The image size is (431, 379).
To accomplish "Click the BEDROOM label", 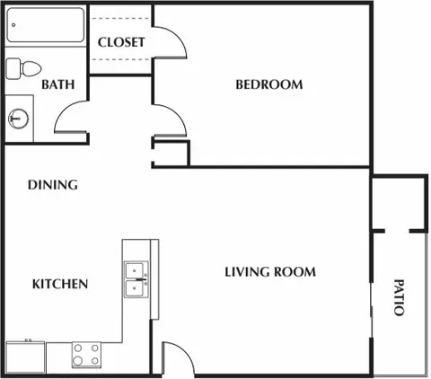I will click(x=268, y=85).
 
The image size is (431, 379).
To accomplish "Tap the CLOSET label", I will click(x=120, y=42).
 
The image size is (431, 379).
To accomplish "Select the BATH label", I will click(x=57, y=85).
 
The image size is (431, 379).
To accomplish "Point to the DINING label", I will click(x=52, y=185).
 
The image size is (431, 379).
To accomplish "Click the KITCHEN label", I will click(x=60, y=285).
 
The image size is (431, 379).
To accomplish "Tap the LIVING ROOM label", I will click(x=269, y=272).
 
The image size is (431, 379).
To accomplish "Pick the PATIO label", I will click(x=399, y=296).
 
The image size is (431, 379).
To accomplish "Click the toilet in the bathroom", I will click(x=24, y=68).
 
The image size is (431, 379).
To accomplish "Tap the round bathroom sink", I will click(x=17, y=117).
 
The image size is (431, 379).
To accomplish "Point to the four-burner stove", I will click(x=87, y=355).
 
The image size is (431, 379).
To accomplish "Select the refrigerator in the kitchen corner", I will click(x=25, y=357).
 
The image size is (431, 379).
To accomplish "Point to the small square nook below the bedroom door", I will click(x=171, y=152).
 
